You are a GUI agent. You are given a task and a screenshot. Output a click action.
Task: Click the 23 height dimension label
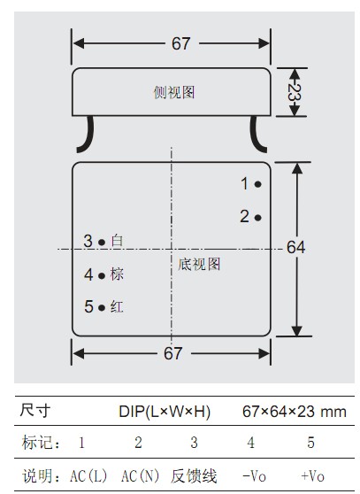[295, 92]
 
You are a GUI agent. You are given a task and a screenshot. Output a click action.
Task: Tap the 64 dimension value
[295, 247]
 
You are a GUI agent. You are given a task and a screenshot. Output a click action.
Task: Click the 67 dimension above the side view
[181, 43]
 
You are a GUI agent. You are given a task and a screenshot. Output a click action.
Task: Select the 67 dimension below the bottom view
[172, 353]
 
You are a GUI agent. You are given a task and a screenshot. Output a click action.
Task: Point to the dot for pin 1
[258, 184]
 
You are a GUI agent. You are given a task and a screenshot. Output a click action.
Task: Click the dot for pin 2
[258, 218]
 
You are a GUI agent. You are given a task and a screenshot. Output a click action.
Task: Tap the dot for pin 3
[102, 242]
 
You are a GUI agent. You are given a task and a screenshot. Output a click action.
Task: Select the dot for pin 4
[102, 275]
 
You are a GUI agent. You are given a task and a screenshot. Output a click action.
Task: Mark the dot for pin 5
[102, 307]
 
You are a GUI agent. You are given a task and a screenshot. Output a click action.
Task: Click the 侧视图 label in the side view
[174, 92]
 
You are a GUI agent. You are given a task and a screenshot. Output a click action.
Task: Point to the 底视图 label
[199, 264]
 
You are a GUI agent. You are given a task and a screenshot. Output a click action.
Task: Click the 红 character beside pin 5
[117, 306]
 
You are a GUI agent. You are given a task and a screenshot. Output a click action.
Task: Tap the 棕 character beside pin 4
[117, 274]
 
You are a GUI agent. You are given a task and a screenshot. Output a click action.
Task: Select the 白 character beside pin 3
[117, 241]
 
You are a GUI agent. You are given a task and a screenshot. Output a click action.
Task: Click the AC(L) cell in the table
[88, 475]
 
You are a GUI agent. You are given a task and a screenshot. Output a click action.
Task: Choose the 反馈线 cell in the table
[194, 475]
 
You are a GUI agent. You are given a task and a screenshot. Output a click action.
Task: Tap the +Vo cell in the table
[312, 475]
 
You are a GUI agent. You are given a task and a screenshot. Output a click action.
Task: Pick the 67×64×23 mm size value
[295, 412]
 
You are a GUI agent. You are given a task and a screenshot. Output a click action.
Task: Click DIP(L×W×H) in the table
[165, 412]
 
